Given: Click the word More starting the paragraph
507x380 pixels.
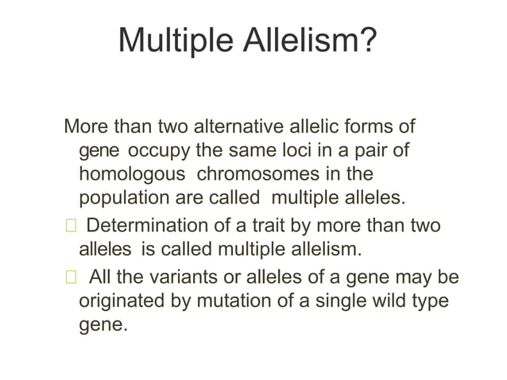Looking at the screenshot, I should (85, 127).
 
